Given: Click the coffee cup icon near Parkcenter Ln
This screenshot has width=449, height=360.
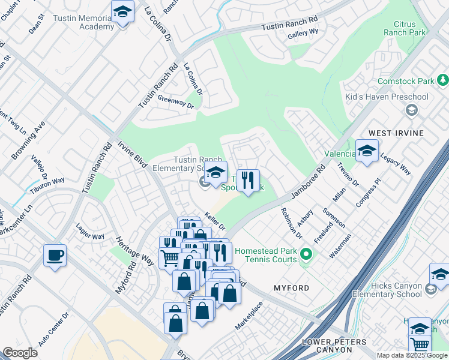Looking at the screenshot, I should [x=55, y=256].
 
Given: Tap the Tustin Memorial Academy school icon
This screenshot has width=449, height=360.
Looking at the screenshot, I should [x=122, y=12].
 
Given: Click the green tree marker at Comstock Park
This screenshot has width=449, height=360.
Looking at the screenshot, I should [x=443, y=80].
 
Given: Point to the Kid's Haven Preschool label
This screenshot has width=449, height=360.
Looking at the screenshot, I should [x=387, y=97].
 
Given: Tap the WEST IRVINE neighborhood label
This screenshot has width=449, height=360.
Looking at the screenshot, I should [x=396, y=133].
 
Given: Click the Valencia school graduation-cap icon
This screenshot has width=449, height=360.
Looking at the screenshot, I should [x=367, y=152].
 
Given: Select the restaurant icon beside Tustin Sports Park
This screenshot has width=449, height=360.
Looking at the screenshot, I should [x=248, y=179].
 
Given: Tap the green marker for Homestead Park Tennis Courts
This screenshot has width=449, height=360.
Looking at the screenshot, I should [x=306, y=255].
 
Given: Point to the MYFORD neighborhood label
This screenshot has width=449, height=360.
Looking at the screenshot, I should [x=291, y=288].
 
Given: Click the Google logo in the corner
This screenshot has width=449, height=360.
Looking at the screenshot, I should [x=20, y=353].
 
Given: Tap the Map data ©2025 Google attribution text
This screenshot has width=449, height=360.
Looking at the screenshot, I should [x=412, y=355].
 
